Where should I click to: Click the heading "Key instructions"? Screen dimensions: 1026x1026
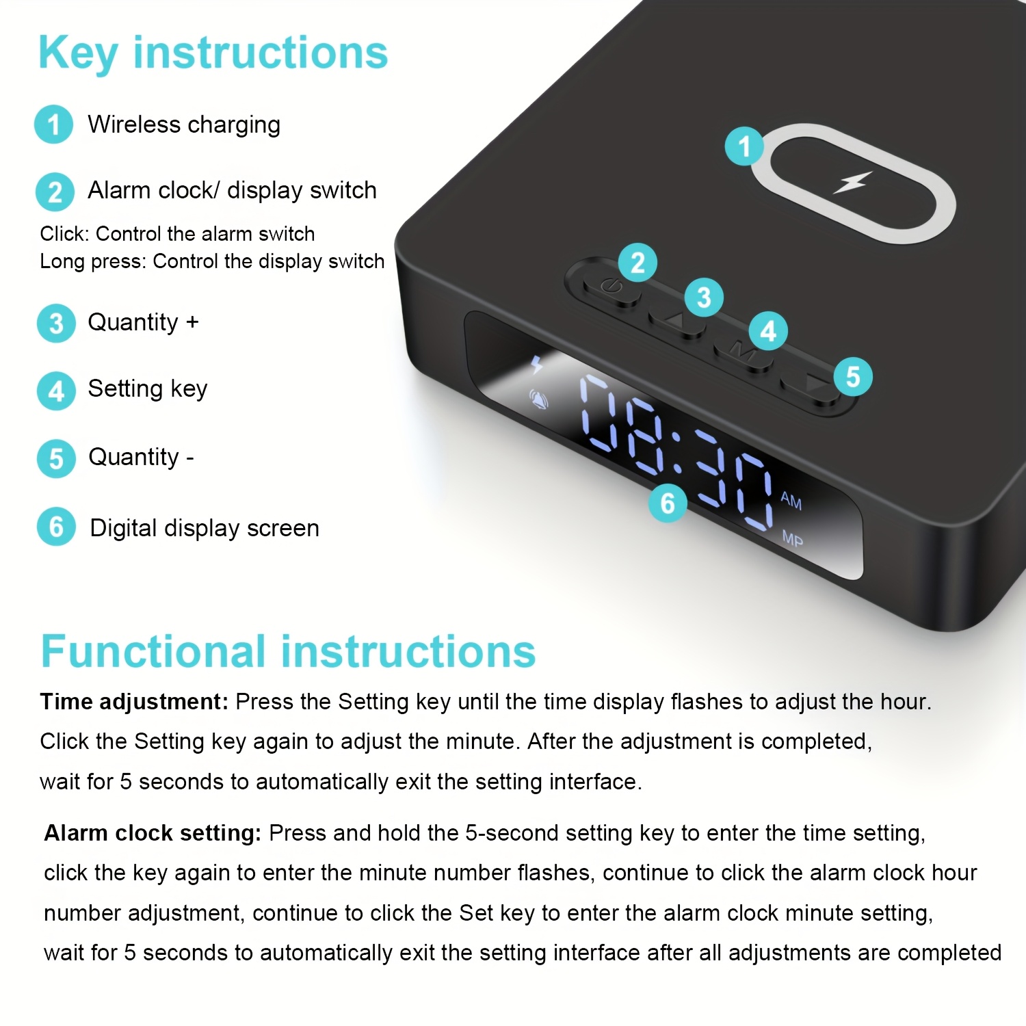[213, 53]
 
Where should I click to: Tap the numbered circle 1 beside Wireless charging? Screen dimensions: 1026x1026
[53, 124]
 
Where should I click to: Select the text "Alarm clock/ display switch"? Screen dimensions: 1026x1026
[232, 190]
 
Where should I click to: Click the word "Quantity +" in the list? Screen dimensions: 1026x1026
[143, 322]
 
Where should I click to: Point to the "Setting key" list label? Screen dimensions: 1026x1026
[147, 389]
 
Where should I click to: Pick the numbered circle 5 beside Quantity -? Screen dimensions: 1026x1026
[56, 458]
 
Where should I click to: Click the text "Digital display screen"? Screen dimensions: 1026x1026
[205, 528]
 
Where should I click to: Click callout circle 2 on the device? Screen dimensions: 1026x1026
[637, 263]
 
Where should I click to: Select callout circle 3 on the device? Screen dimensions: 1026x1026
[704, 298]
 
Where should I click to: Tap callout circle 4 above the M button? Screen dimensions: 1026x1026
[768, 331]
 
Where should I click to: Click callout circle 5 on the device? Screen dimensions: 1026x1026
[852, 376]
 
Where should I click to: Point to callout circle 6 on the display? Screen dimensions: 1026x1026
[668, 503]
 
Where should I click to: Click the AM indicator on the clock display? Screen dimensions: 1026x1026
[791, 501]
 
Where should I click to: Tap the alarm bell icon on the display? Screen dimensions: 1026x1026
[539, 399]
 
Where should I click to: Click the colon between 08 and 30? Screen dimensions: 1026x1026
[678, 452]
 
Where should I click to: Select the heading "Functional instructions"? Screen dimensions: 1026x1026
[288, 651]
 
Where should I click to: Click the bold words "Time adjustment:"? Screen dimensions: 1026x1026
[134, 702]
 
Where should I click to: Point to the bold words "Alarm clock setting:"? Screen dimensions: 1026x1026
[153, 834]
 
